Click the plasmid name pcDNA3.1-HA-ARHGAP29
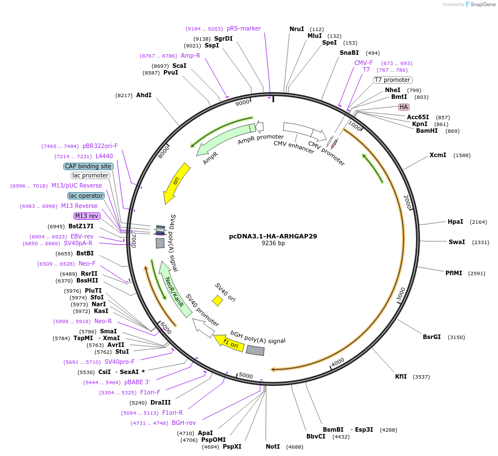tap(273, 236)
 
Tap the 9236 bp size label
tap(273, 244)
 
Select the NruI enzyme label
tap(297, 29)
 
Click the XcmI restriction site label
tap(438, 155)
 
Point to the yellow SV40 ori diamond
tap(217, 301)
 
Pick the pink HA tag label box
tap(404, 107)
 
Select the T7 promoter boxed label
tap(393, 80)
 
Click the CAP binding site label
tap(88, 166)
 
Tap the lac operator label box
tap(86, 196)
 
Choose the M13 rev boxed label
tap(86, 216)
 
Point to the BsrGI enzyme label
tap(431, 337)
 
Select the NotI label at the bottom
tap(272, 446)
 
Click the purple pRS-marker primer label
tap(244, 28)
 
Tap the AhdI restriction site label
tap(144, 95)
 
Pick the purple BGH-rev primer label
tap(184, 423)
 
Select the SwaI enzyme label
tap(457, 242)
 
